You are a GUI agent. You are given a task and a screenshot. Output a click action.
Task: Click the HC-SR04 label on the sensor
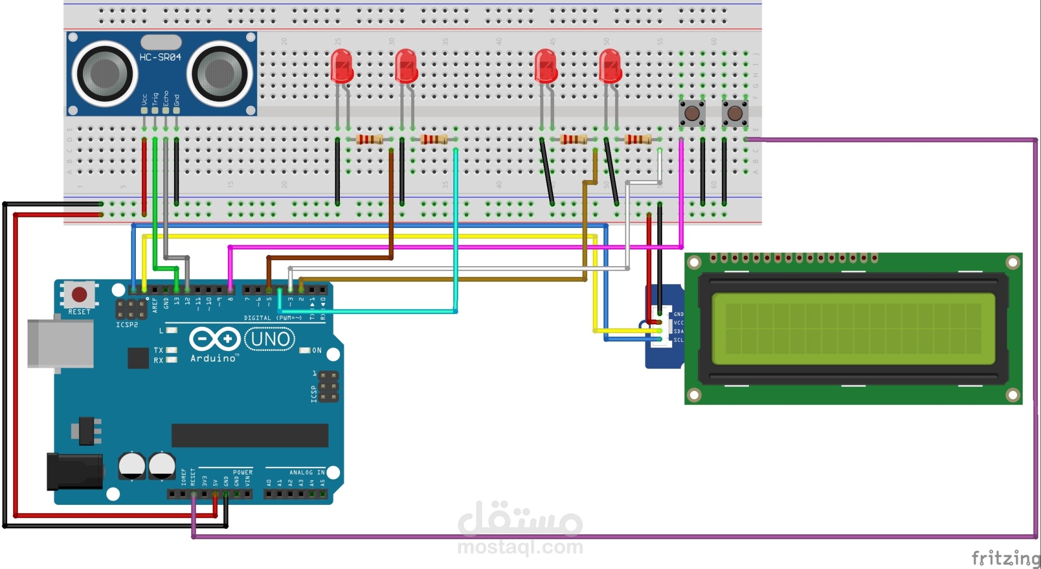pyautogui.click(x=160, y=58)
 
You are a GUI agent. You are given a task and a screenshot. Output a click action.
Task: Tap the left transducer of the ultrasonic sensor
pyautogui.click(x=104, y=73)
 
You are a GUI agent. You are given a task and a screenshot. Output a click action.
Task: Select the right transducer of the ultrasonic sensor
pyautogui.click(x=220, y=73)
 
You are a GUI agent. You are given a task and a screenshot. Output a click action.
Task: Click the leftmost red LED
pyautogui.click(x=341, y=66)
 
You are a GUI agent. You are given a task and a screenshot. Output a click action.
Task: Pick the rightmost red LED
pyautogui.click(x=610, y=66)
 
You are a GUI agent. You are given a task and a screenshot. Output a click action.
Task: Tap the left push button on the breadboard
pyautogui.click(x=691, y=113)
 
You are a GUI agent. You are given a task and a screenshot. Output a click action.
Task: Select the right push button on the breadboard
pyautogui.click(x=735, y=113)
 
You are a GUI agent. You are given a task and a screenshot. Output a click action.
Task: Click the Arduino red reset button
pyautogui.click(x=79, y=294)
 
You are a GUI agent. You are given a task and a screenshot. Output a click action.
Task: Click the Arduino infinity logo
pyautogui.click(x=214, y=339)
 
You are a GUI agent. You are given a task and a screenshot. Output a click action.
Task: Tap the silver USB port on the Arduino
pyautogui.click(x=61, y=343)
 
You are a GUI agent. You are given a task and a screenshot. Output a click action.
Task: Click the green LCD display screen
pyautogui.click(x=853, y=329)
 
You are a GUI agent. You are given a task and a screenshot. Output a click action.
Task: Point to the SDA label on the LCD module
pyautogui.click(x=679, y=331)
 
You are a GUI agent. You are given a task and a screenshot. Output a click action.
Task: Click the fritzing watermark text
pyautogui.click(x=1005, y=558)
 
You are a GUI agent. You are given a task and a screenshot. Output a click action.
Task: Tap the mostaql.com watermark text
pyautogui.click(x=520, y=548)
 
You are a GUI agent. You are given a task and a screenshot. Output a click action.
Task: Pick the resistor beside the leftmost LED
pyautogui.click(x=369, y=139)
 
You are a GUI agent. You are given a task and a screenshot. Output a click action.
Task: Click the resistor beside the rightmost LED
pyautogui.click(x=638, y=139)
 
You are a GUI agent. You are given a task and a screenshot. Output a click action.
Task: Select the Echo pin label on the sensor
pyautogui.click(x=166, y=99)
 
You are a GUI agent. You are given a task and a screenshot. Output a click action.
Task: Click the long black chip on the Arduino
pyautogui.click(x=250, y=435)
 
